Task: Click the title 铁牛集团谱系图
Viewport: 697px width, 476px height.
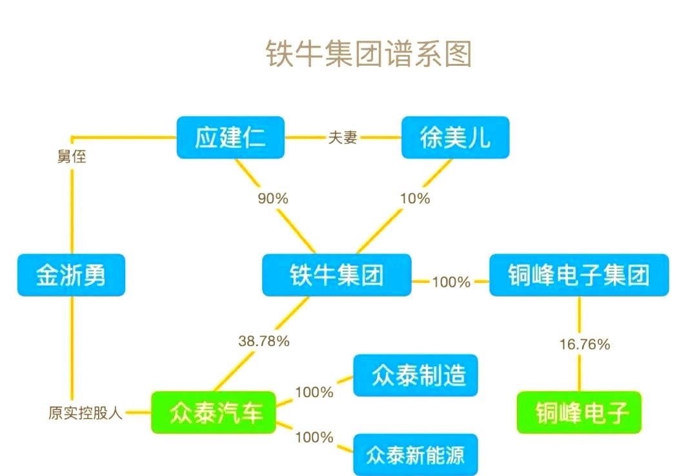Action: coord(369,54)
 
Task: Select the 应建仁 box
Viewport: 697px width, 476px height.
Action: coord(230,138)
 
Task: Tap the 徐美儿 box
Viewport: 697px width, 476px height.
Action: coord(455,138)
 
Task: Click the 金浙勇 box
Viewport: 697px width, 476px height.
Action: coord(71,276)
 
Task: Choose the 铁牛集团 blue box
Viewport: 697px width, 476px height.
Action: coord(336,276)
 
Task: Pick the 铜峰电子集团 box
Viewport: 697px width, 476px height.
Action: coord(578,276)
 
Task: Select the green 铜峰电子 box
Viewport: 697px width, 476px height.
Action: coord(579,413)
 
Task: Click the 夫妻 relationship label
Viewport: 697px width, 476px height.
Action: coord(343,138)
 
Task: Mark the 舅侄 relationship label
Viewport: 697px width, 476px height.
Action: coord(71,156)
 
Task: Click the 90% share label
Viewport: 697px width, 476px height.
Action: coord(273,198)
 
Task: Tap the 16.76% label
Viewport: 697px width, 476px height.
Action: coord(584,344)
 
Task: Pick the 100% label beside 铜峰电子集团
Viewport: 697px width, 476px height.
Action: coord(451,282)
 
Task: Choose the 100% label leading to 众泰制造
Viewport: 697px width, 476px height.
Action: coord(314,392)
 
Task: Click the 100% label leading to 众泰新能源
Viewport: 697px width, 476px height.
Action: coord(314,437)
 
